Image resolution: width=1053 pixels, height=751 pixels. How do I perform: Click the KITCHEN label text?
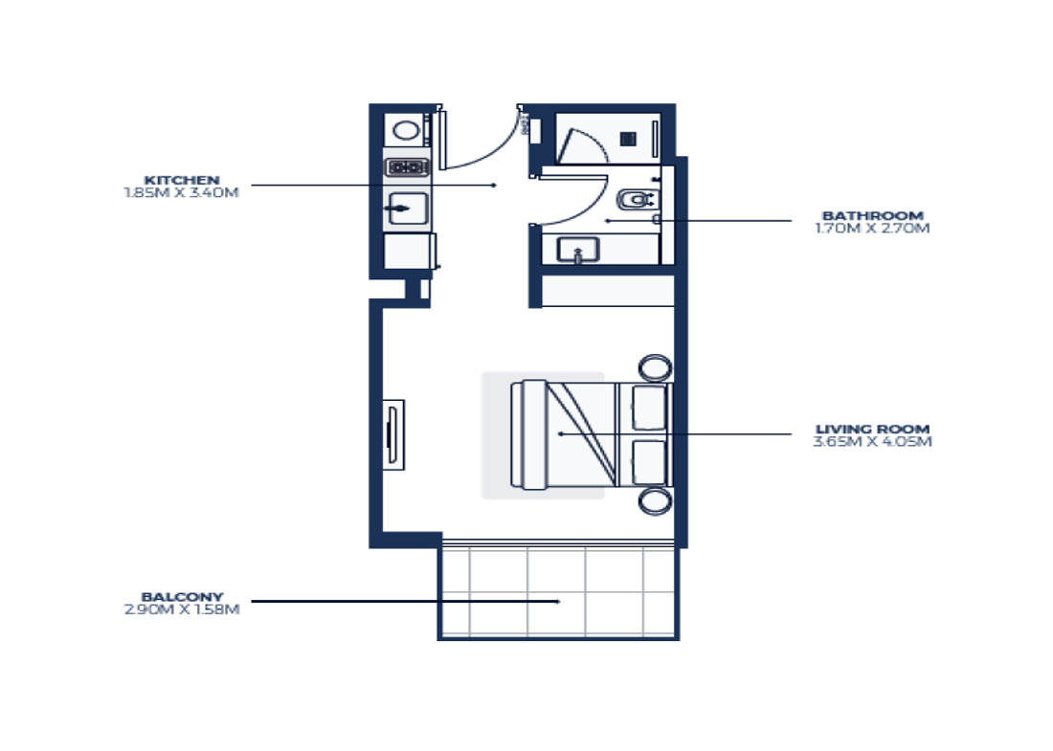(x=182, y=180)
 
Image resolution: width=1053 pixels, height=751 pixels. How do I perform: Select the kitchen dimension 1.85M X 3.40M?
(x=181, y=192)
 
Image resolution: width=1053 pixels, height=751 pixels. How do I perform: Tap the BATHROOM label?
(x=872, y=215)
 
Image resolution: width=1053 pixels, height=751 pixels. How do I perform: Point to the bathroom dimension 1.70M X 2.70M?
(x=872, y=229)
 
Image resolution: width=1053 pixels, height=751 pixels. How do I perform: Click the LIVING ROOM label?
(x=872, y=429)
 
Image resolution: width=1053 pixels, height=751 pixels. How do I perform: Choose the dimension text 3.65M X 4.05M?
(x=872, y=442)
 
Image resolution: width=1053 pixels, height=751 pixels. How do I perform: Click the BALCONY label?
(x=182, y=597)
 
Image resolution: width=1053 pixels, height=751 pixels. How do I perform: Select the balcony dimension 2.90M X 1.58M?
(x=182, y=609)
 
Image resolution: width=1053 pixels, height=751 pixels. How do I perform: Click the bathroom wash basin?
(x=578, y=250)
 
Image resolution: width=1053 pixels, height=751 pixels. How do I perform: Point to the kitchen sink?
(x=409, y=209)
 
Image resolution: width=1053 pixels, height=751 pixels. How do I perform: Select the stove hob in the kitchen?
(x=407, y=166)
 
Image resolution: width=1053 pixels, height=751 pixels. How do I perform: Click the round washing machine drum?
(x=406, y=130)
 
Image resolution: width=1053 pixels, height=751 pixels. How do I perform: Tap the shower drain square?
(x=628, y=139)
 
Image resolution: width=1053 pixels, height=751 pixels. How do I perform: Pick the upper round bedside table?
(x=655, y=367)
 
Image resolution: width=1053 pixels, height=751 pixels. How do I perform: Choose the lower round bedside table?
(x=655, y=501)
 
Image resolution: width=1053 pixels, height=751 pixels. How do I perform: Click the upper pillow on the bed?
(x=649, y=408)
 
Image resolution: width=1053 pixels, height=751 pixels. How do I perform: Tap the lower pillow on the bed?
(x=649, y=462)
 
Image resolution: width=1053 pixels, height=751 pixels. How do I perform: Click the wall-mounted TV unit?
(x=393, y=435)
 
